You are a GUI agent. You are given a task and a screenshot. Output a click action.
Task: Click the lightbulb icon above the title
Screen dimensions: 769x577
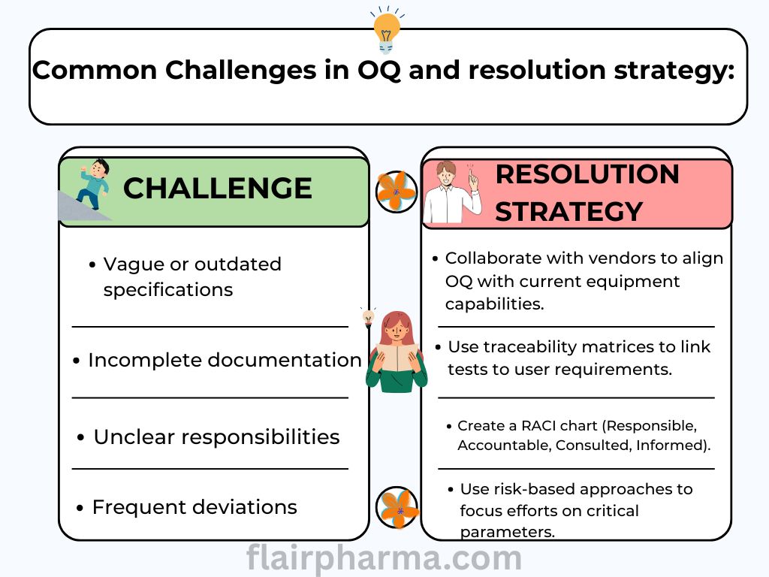[x=387, y=30]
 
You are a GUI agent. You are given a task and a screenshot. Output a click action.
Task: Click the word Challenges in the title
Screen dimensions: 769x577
[x=240, y=71]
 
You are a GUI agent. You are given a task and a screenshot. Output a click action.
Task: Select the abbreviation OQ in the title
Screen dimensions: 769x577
[x=378, y=70]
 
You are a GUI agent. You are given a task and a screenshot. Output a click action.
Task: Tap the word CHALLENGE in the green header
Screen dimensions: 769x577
[x=218, y=189]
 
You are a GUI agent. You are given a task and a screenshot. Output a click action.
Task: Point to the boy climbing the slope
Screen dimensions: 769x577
[x=93, y=185]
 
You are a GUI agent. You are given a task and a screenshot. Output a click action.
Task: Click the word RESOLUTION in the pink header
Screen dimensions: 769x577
[x=587, y=174]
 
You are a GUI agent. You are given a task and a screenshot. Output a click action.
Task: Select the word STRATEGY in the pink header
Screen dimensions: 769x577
[x=569, y=212]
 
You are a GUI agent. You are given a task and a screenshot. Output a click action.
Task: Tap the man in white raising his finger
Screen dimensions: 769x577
[x=452, y=192]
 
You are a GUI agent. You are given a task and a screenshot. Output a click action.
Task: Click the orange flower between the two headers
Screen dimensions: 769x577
[x=397, y=192]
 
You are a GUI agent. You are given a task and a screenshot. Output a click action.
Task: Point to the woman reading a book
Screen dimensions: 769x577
[x=397, y=352]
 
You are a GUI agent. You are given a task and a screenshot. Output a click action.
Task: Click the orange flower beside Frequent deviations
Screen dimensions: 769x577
[x=397, y=507]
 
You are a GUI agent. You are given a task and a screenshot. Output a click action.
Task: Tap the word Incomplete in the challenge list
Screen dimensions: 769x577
[x=145, y=361]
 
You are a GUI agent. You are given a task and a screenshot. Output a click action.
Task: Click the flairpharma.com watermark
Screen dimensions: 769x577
[x=384, y=558]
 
